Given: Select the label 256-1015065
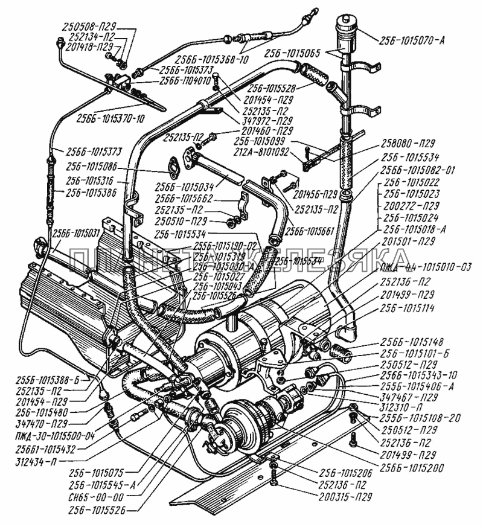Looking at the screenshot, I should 294,53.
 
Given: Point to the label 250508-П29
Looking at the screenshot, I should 92,26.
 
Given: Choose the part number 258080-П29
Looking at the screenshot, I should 411,144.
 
